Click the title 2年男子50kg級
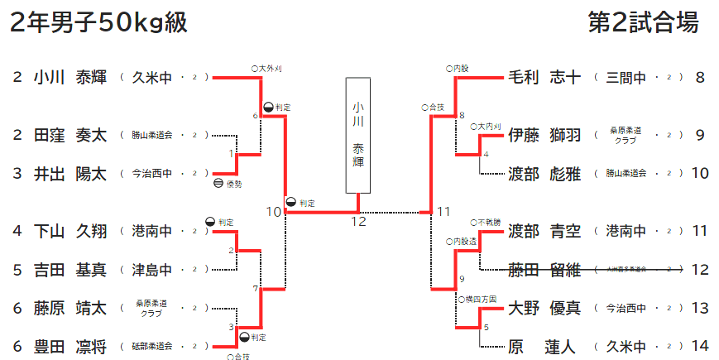click(98, 22)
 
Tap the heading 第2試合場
click(643, 22)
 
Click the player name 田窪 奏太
click(70, 135)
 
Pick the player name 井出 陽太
click(70, 174)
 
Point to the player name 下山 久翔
click(70, 231)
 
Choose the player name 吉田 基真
click(70, 270)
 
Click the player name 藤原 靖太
click(70, 309)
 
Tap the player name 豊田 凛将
click(70, 347)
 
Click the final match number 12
click(357, 221)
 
